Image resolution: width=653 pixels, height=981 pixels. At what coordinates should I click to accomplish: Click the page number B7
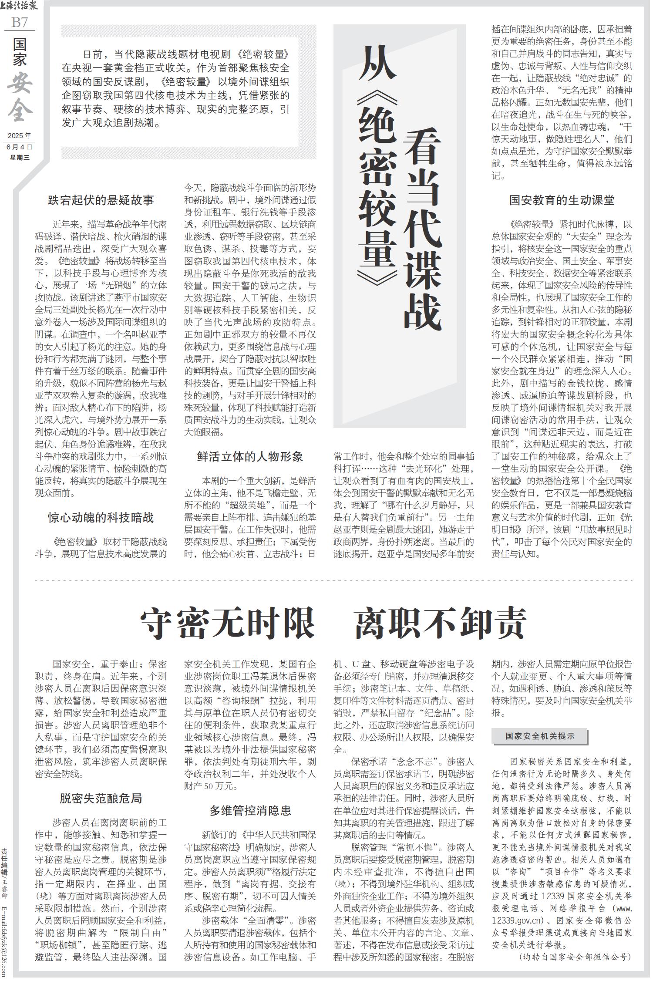pyautogui.click(x=20, y=22)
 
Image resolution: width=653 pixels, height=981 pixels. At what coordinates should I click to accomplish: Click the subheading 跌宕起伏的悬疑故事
pyautogui.click(x=101, y=200)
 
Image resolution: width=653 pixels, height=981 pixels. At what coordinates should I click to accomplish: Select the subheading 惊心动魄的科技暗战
pyautogui.click(x=101, y=518)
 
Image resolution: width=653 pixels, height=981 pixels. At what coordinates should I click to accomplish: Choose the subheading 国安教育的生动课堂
pyautogui.click(x=562, y=200)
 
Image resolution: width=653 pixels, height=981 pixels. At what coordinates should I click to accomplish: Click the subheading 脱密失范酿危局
pyautogui.click(x=101, y=798)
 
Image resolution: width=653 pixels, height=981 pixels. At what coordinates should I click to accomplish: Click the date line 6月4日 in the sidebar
pyautogui.click(x=20, y=147)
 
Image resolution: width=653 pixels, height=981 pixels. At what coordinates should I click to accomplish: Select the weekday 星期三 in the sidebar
pyautogui.click(x=20, y=157)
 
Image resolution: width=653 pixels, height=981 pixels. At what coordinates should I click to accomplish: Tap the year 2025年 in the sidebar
pyautogui.click(x=20, y=136)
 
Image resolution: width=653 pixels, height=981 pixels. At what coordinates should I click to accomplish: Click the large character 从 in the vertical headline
pyautogui.click(x=377, y=63)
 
